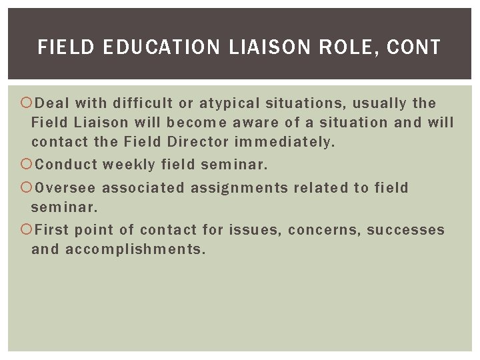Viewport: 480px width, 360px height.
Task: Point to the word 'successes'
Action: point(405,230)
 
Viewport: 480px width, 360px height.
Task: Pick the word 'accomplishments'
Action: point(136,250)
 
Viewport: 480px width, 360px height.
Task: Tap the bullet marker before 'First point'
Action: point(26,230)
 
